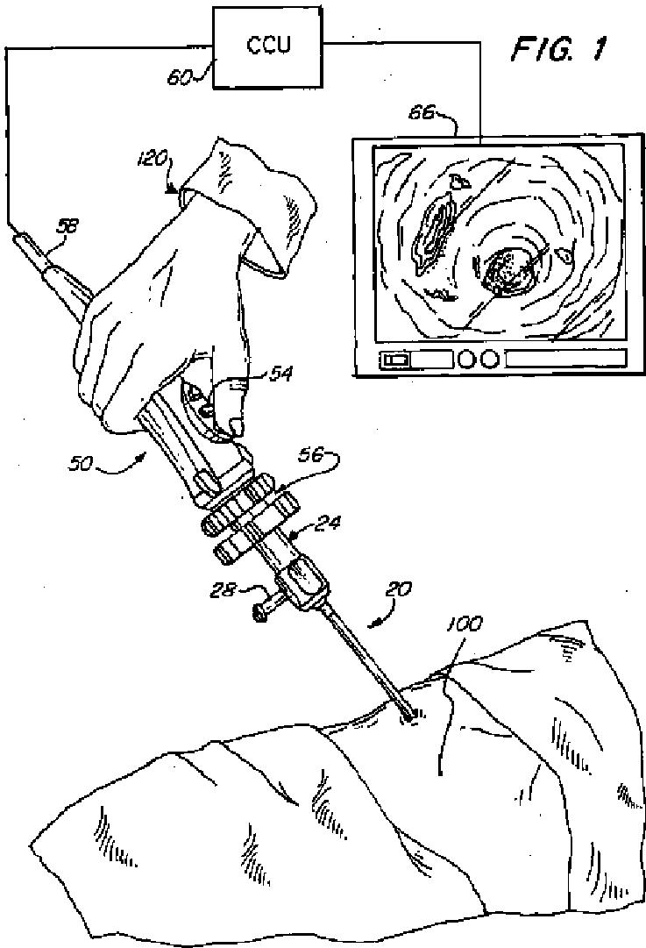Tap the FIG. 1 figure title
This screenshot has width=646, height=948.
point(557,50)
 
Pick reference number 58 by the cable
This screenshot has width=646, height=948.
point(67,225)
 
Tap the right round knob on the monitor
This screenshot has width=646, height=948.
point(489,359)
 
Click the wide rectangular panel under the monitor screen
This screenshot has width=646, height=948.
point(566,359)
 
